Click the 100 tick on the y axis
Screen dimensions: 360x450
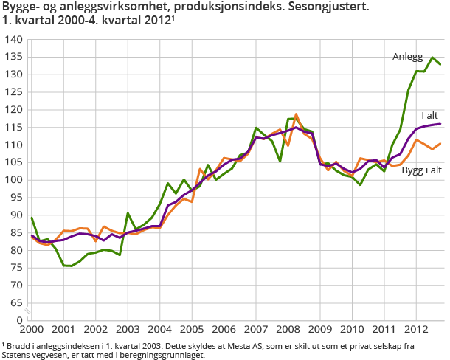[x=14, y=180]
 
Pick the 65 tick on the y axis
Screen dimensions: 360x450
[x=17, y=303]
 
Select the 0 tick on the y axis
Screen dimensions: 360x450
[x=20, y=321]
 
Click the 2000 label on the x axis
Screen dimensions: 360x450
[x=30, y=330]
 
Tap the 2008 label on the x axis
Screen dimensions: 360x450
[x=287, y=330]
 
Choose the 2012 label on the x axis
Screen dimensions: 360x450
[x=415, y=330]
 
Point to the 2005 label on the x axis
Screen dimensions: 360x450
[x=191, y=330]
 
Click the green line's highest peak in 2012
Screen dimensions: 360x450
[x=432, y=58]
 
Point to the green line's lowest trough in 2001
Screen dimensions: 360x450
[x=71, y=266]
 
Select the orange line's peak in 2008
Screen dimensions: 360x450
[x=297, y=114]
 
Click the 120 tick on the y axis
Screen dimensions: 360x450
[x=14, y=109]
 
